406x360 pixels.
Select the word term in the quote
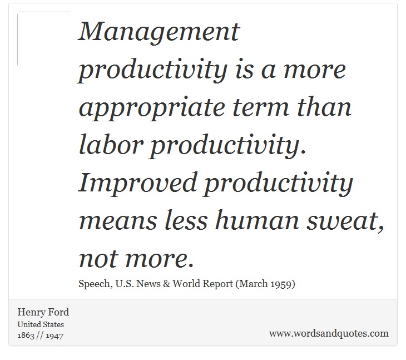[x=261, y=107]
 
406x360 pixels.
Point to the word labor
[x=111, y=144]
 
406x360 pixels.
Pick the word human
[x=257, y=220]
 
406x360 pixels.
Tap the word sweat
[x=345, y=221]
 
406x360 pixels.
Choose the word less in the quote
[x=186, y=220]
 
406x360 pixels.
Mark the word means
[x=118, y=222]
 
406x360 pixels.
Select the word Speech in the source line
[x=95, y=284]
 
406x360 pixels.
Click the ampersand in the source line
[x=166, y=284]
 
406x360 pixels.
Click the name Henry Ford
[x=43, y=313]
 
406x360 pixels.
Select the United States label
[x=41, y=324]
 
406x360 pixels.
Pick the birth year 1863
[x=26, y=336]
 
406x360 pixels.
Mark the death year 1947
[x=55, y=336]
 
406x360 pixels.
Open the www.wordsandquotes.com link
[x=329, y=334]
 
